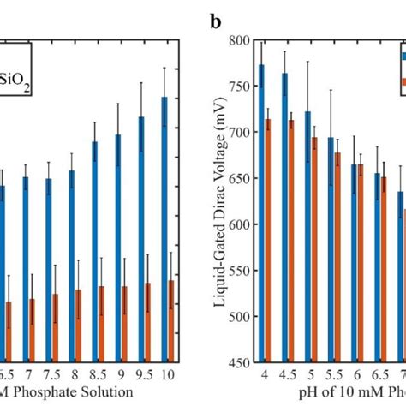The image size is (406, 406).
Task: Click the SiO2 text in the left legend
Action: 15,84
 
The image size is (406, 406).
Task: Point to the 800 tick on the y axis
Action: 242,40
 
